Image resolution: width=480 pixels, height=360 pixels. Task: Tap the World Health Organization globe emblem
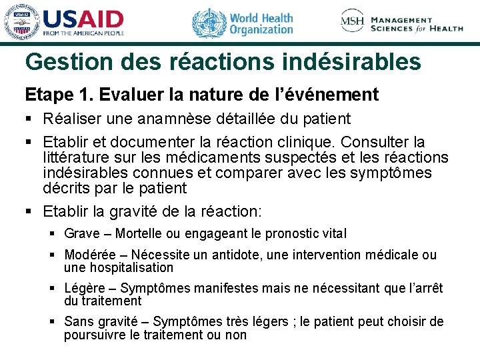(209, 23)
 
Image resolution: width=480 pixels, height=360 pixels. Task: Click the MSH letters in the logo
(352, 21)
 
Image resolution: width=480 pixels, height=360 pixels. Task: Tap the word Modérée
(87, 255)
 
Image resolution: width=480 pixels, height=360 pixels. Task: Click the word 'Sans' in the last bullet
(77, 322)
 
